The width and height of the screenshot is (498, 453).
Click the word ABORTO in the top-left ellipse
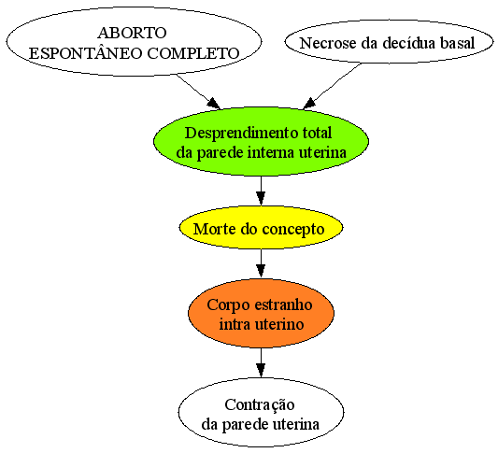click(x=132, y=33)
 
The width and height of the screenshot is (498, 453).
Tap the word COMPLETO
click(x=193, y=53)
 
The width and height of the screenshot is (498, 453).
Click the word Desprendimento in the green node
click(x=241, y=134)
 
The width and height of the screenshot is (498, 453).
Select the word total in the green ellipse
click(x=317, y=133)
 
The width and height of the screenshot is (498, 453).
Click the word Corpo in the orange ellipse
click(x=228, y=305)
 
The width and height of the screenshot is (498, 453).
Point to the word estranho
click(x=283, y=304)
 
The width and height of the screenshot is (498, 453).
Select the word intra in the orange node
click(x=233, y=324)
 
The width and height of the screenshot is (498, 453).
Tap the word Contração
click(x=260, y=405)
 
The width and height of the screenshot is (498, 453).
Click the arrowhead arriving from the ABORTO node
click(x=213, y=104)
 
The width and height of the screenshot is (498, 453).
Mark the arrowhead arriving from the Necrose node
click(x=309, y=104)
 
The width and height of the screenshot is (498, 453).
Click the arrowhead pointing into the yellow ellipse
click(x=261, y=198)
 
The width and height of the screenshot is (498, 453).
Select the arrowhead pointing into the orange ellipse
click(x=261, y=272)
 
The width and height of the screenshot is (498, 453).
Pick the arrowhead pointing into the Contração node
click(x=261, y=371)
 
